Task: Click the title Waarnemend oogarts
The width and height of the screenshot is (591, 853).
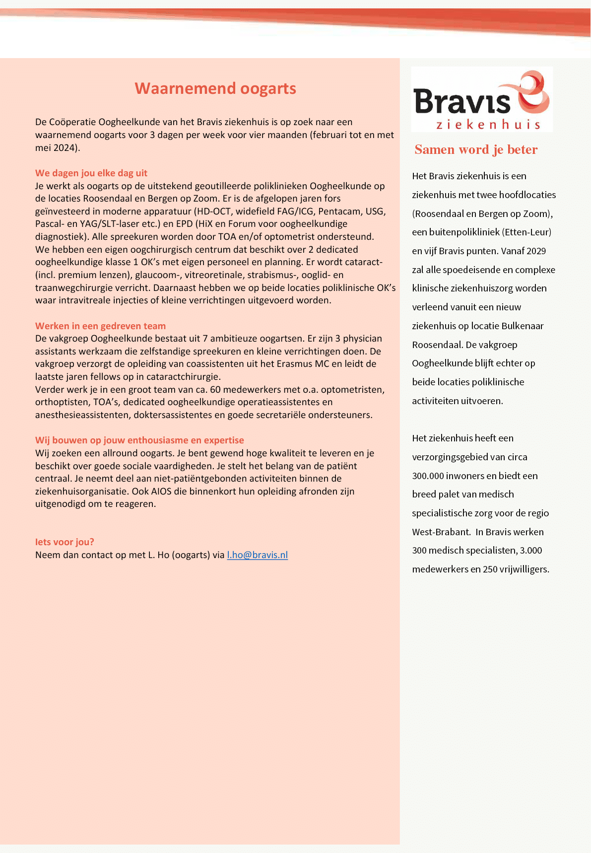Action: click(x=215, y=88)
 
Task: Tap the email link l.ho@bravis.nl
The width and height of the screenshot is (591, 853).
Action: click(x=257, y=555)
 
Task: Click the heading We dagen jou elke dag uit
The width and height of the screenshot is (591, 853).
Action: click(x=91, y=173)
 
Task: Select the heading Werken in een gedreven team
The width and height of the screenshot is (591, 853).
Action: click(x=100, y=326)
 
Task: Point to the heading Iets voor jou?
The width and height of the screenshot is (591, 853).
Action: click(x=65, y=542)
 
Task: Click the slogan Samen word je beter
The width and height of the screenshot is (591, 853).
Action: click(x=476, y=149)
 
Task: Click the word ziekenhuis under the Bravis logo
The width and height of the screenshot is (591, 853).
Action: click(x=488, y=125)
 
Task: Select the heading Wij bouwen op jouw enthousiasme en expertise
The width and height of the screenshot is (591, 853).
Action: click(x=139, y=440)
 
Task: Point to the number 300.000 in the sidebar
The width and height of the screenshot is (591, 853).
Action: click(x=428, y=476)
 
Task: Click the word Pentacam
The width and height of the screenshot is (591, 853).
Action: click(x=339, y=212)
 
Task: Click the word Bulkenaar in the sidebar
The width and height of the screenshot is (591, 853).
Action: click(x=522, y=326)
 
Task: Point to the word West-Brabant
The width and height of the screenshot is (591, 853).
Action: click(x=441, y=532)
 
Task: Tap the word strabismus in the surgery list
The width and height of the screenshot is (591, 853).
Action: click(x=272, y=275)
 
